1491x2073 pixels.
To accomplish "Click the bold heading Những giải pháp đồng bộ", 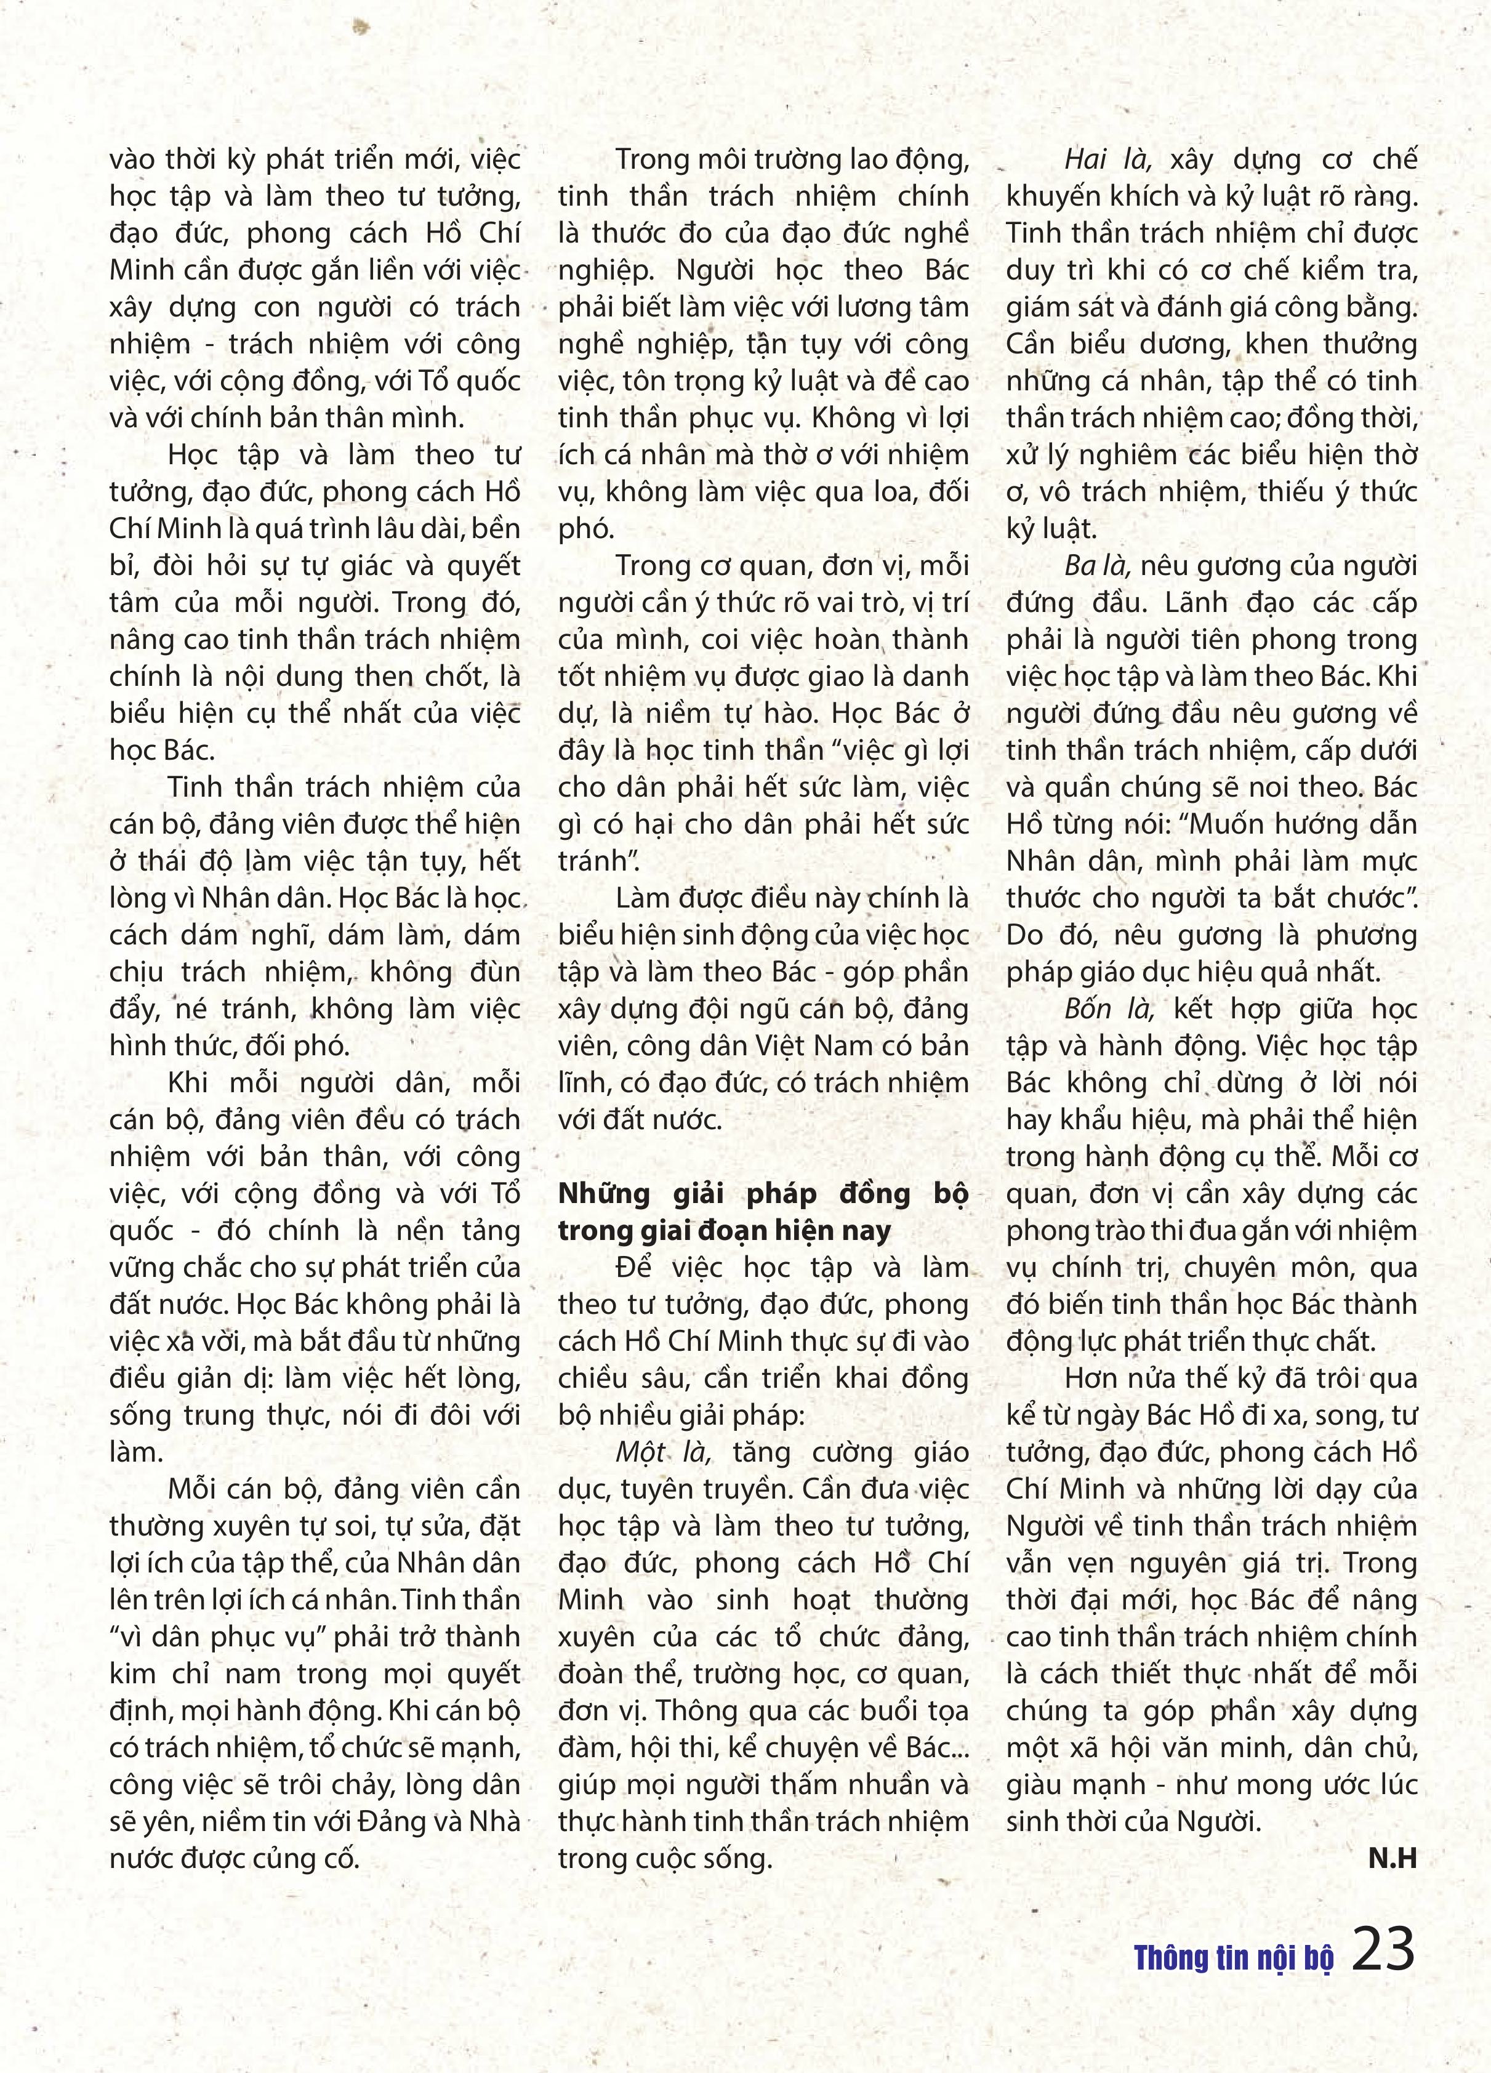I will tap(762, 1194).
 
